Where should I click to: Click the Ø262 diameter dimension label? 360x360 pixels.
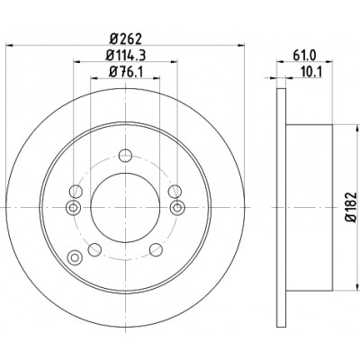[x=125, y=39]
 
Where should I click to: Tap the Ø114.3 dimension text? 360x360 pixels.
[x=126, y=55]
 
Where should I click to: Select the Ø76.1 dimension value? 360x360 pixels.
[x=125, y=72]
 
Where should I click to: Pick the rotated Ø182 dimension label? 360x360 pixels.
[x=351, y=207]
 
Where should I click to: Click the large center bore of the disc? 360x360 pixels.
[x=125, y=207]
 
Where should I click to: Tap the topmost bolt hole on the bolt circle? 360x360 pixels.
[x=125, y=155]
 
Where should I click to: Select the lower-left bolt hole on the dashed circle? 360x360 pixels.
[x=94, y=249]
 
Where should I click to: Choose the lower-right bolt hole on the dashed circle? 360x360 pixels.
[x=156, y=249]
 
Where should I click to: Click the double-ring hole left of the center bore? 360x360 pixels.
[x=73, y=207]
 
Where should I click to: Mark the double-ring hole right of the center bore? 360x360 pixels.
[x=177, y=207]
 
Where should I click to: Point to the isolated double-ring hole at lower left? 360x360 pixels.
[x=75, y=257]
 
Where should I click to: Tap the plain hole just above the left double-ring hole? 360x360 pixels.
[x=76, y=192]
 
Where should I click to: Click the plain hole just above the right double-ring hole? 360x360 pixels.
[x=175, y=192]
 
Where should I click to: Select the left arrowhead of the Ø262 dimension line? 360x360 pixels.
[x=10, y=45]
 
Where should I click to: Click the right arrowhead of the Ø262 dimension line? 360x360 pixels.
[x=241, y=45]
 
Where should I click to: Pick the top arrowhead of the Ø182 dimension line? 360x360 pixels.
[x=357, y=129]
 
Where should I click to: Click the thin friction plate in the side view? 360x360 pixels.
[x=281, y=207]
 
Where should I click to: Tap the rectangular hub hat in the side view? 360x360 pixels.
[x=309, y=207]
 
